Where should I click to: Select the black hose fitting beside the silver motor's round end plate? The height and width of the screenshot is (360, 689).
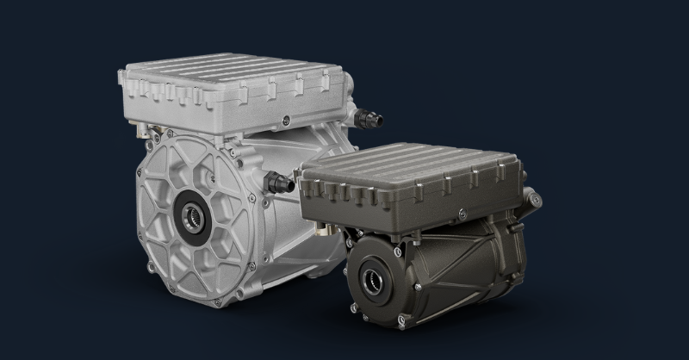point(281,181)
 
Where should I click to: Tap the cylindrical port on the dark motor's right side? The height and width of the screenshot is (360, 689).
point(534,200)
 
